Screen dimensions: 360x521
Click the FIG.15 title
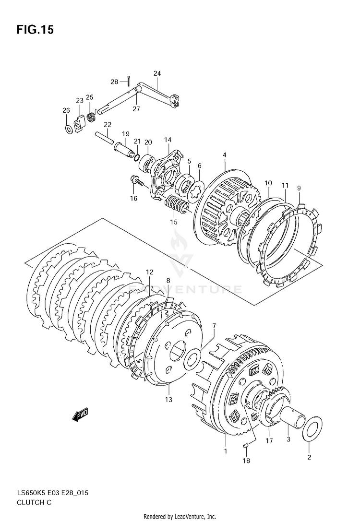coord(35,30)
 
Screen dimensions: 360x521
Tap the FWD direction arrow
coord(80,414)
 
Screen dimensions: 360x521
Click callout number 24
coord(157,73)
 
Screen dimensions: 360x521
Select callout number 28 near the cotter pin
coord(114,82)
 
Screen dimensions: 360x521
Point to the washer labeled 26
coord(69,129)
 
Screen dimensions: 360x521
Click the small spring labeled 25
coord(90,117)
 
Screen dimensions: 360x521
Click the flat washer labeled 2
coord(312,429)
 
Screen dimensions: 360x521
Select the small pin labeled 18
coord(246,446)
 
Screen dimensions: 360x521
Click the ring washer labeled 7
coord(192,360)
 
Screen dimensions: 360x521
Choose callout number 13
coord(168,399)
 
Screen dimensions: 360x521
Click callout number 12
coord(150,272)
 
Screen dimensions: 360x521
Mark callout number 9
coord(299,188)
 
